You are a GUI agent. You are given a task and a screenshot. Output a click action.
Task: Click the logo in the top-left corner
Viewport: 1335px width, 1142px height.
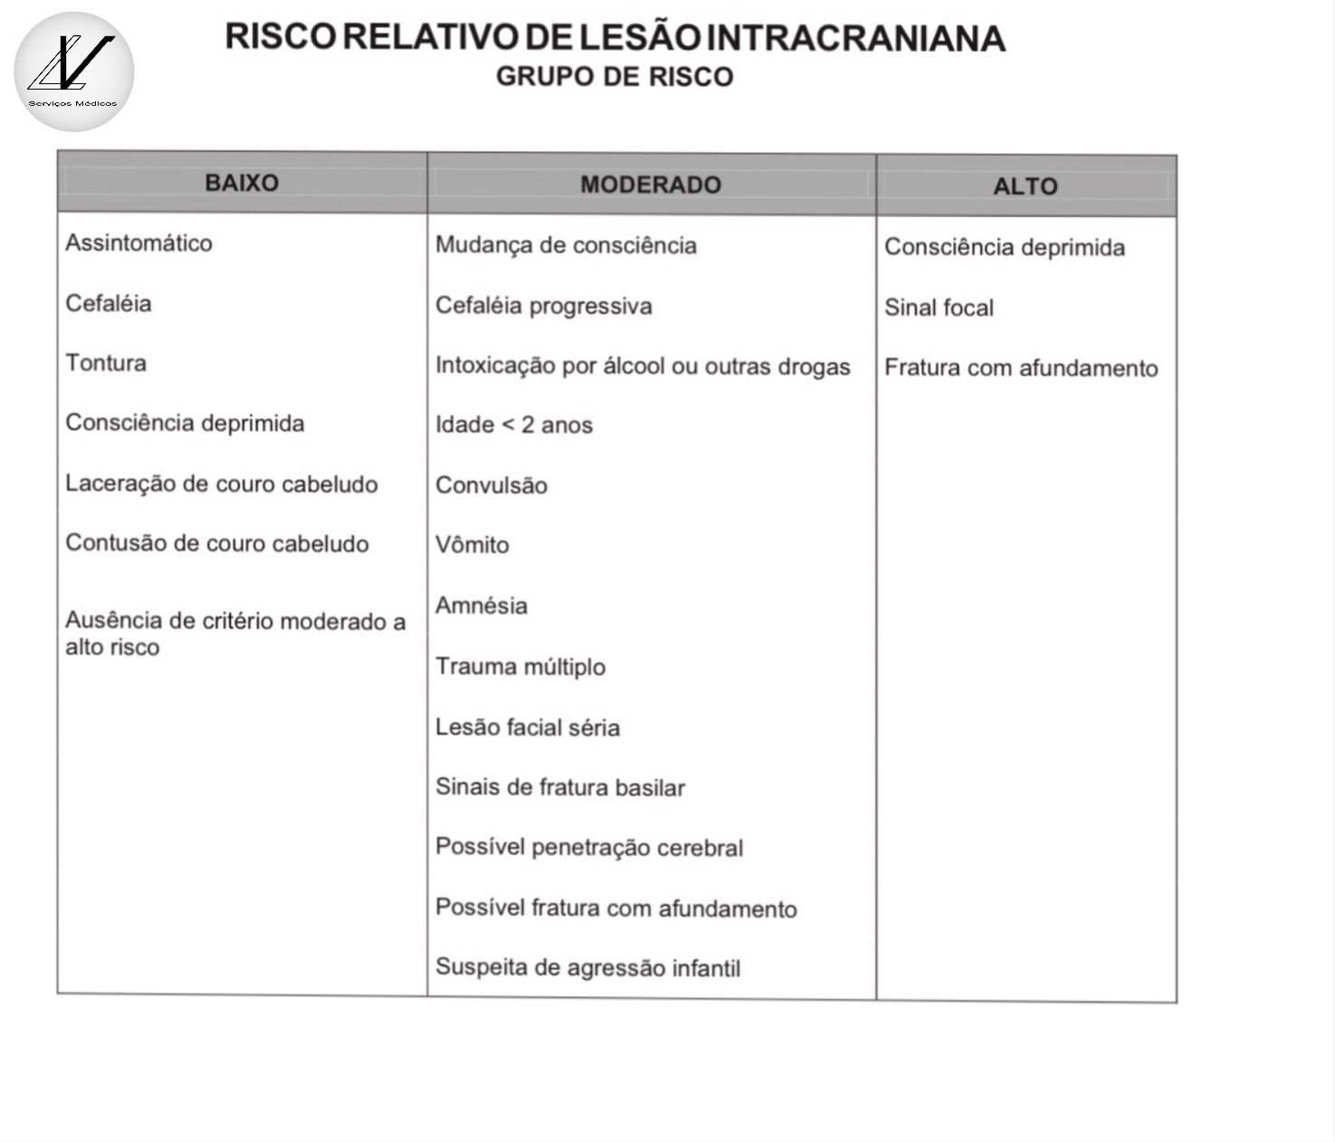tap(73, 71)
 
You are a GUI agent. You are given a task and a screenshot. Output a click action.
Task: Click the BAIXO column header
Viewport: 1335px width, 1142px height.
tap(242, 183)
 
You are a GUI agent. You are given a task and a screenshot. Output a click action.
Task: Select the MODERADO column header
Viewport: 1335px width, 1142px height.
tap(651, 185)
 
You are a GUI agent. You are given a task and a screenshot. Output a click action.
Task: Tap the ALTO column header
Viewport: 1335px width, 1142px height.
tap(1025, 186)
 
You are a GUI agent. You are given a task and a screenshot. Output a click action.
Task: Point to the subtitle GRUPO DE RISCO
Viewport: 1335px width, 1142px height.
tap(615, 77)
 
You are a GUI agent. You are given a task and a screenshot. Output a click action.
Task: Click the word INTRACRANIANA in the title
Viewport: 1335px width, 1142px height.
tap(855, 38)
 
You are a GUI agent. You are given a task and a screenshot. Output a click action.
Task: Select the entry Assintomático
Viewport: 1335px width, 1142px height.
tap(138, 243)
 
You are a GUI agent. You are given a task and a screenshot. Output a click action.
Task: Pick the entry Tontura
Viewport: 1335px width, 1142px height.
tap(106, 363)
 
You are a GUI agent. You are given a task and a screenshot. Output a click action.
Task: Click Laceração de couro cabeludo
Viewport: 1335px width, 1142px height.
tap(222, 484)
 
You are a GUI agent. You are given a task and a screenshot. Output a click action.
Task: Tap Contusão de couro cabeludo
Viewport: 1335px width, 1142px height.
tap(217, 544)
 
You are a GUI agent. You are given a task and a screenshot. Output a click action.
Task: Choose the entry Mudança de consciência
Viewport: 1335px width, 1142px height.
tap(566, 245)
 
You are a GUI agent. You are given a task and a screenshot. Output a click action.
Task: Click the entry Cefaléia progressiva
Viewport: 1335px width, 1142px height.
tap(543, 306)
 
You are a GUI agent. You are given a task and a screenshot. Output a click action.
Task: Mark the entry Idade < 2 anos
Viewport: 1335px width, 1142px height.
tap(513, 425)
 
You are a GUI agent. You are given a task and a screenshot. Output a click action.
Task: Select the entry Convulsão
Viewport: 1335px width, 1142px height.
tap(491, 486)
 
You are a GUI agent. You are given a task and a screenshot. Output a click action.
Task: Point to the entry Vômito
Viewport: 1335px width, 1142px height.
tap(472, 546)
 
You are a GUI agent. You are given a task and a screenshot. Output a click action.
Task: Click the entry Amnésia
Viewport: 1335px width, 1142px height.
tap(481, 605)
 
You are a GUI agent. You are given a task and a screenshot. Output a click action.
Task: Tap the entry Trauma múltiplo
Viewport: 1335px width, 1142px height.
tap(520, 667)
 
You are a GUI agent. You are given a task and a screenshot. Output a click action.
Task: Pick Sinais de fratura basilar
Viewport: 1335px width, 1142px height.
tap(559, 787)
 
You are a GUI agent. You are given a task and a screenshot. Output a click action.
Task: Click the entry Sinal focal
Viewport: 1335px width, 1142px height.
tap(939, 309)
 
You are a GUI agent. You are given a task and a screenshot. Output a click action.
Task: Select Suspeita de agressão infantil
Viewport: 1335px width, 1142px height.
tap(587, 967)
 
